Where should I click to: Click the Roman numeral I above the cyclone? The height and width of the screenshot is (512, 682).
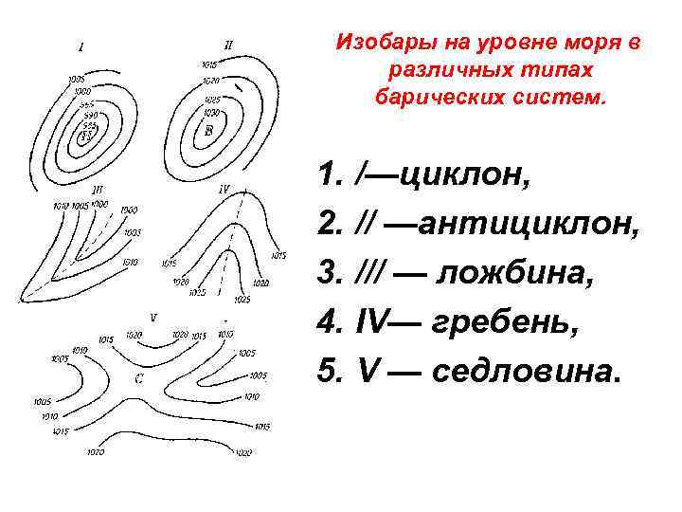(81, 46)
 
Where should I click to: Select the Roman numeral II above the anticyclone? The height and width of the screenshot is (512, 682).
(228, 43)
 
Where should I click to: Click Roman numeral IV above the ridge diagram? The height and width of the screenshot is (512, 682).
(224, 189)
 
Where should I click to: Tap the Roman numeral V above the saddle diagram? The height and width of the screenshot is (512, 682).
(153, 318)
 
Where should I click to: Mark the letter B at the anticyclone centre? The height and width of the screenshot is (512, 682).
(209, 133)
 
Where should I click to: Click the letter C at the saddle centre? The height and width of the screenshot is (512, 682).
(139, 378)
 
